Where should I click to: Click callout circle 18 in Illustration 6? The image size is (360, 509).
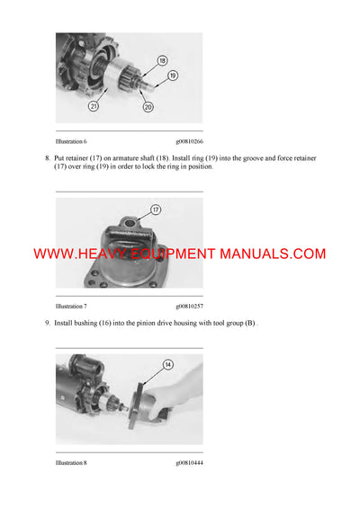162,60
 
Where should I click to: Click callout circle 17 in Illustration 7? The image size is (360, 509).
155,210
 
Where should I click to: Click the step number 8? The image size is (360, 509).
47,158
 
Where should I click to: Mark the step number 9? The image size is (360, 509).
47,323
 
